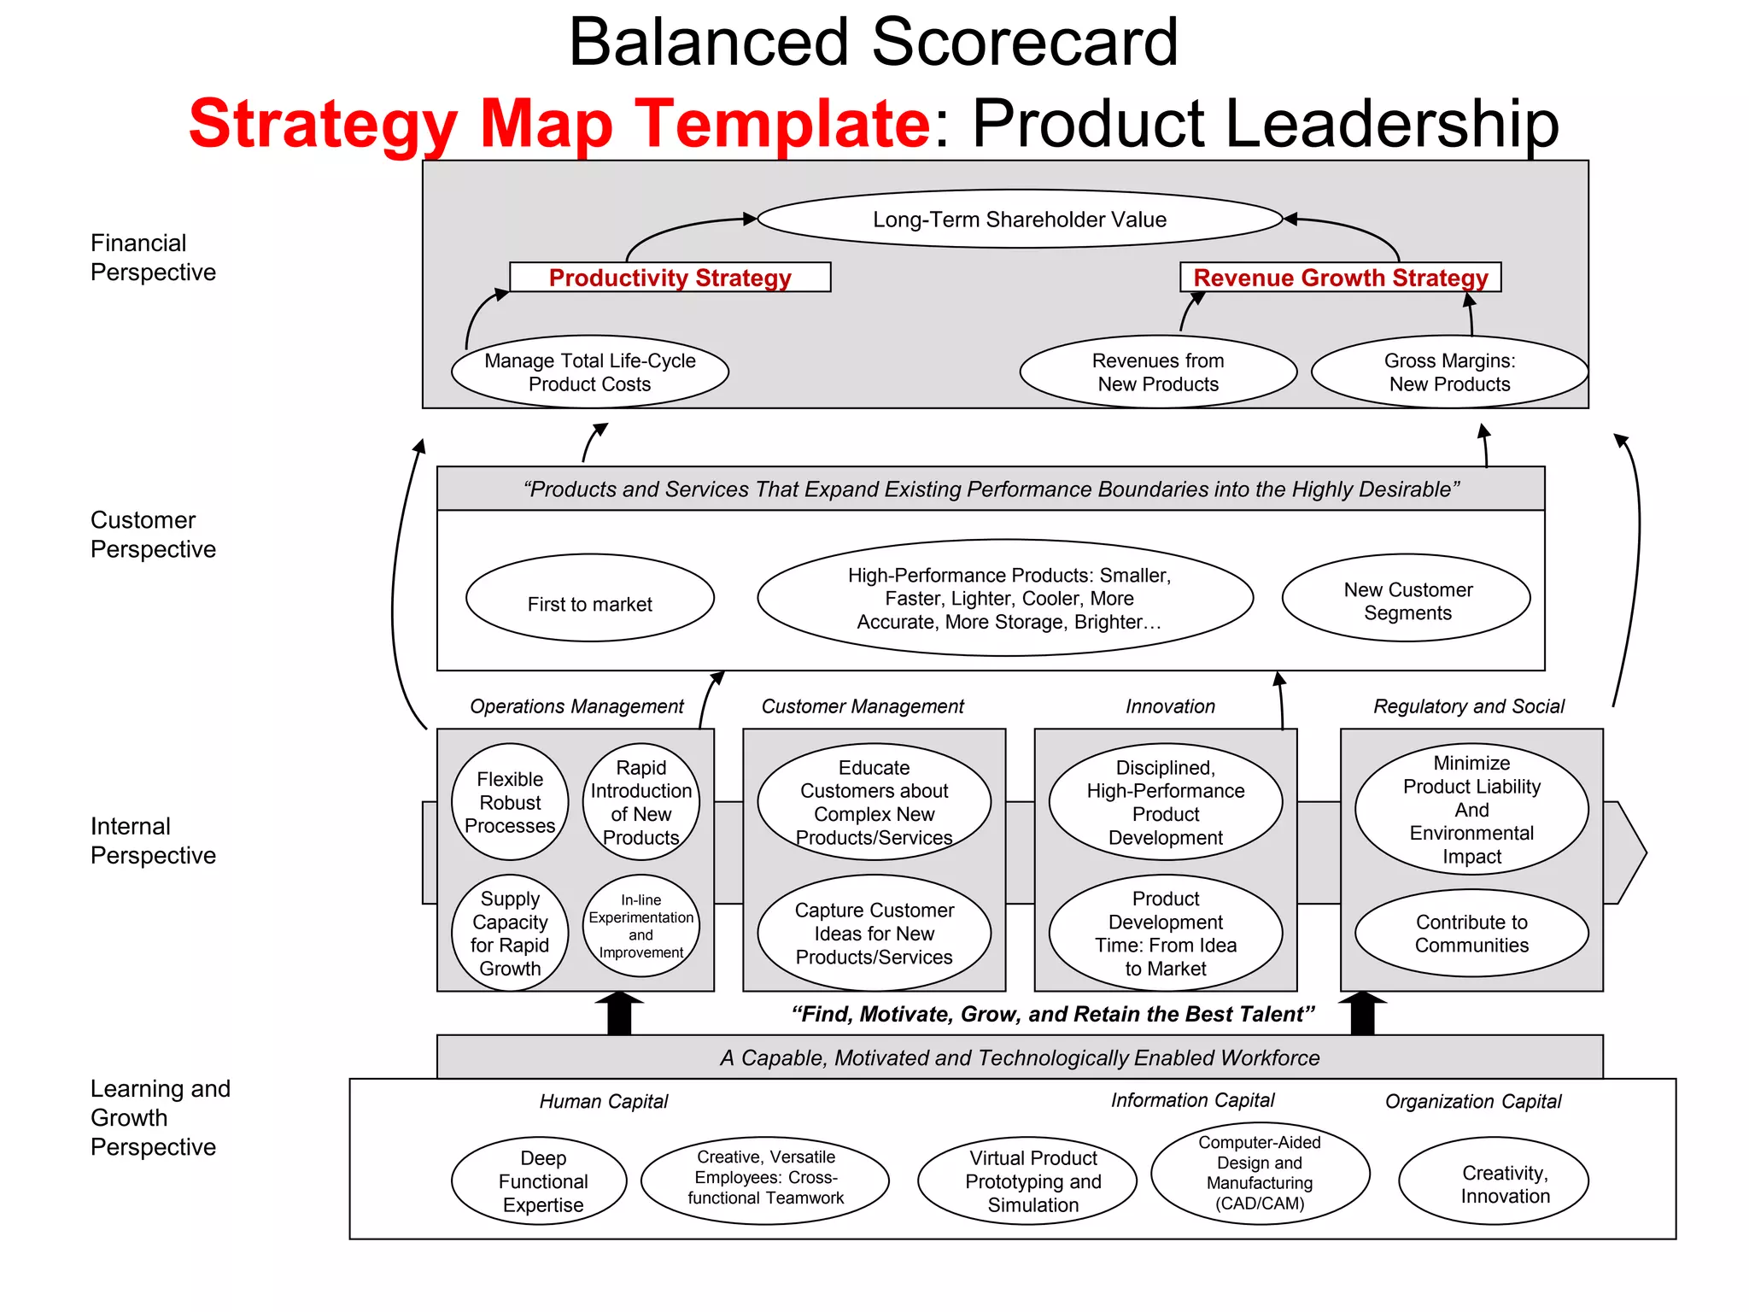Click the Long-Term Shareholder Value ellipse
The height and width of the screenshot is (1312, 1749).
(1020, 220)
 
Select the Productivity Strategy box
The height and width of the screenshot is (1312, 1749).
(670, 278)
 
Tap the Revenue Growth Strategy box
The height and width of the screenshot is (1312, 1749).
(1340, 278)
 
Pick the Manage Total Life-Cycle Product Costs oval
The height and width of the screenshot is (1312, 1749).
(589, 372)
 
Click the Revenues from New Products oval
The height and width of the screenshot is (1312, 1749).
(1158, 372)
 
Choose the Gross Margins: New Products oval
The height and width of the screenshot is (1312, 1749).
(1449, 372)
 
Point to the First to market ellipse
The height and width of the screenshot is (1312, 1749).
(589, 599)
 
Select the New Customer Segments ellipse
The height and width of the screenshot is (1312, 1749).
(1407, 599)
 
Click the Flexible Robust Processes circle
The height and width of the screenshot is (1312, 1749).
(510, 802)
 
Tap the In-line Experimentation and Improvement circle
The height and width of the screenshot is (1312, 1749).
(641, 926)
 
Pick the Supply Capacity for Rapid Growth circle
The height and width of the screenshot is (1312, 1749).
(510, 933)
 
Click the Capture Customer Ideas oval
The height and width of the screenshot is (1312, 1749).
(874, 933)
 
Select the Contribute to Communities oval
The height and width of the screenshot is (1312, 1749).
(1471, 933)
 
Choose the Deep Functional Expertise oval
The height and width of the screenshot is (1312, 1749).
(542, 1181)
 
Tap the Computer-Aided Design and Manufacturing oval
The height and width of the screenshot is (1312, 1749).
(1260, 1173)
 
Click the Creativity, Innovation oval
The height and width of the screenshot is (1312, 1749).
(1494, 1182)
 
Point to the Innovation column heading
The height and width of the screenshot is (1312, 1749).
(1170, 706)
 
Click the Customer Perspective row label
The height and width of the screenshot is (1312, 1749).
(153, 535)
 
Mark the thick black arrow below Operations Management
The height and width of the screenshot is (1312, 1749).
(619, 1014)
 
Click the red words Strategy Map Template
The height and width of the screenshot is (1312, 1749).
(559, 124)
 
